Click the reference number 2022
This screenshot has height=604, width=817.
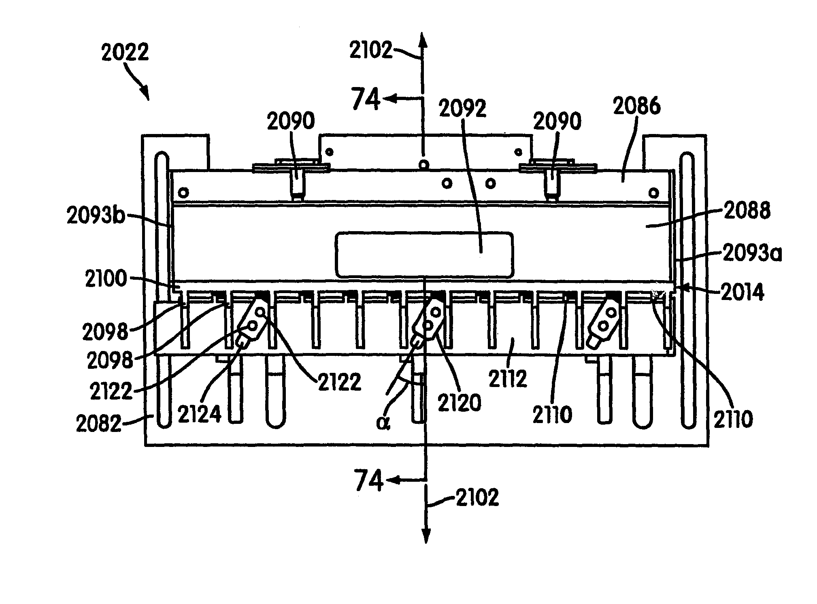(125, 52)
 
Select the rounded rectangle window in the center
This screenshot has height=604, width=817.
(424, 255)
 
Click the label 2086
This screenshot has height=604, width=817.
(637, 106)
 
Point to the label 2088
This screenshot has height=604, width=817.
(747, 211)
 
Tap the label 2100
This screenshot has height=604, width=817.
(106, 279)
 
